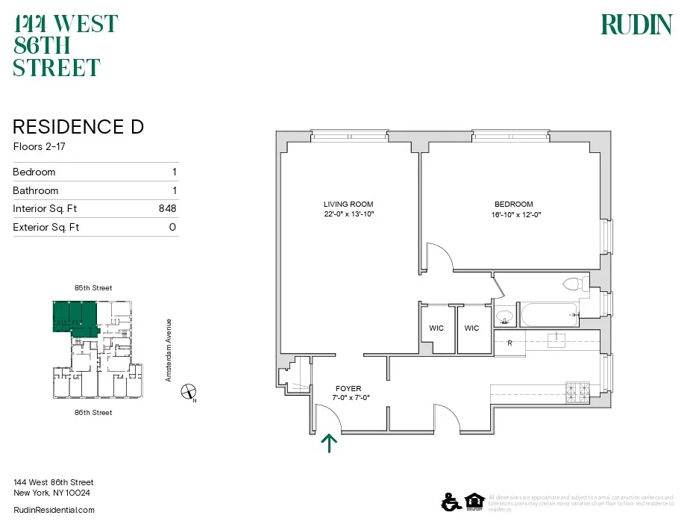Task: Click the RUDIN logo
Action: pos(636,25)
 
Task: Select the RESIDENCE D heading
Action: pos(78,127)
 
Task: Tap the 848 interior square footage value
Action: pos(167,209)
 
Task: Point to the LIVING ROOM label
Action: pos(348,205)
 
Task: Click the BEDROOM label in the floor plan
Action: pos(513,205)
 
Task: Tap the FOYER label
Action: pos(348,389)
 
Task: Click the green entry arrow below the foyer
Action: pos(329,443)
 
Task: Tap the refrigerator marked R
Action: pos(509,343)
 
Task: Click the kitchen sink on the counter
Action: pos(557,340)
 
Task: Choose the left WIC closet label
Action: pos(436,328)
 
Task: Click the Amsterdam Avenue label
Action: pos(169,350)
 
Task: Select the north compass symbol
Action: pos(190,392)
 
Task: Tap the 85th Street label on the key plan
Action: pos(92,287)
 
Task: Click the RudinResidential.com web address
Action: pos(54,510)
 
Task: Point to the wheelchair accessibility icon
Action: pos(450,502)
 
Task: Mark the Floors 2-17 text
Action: pos(39,146)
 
